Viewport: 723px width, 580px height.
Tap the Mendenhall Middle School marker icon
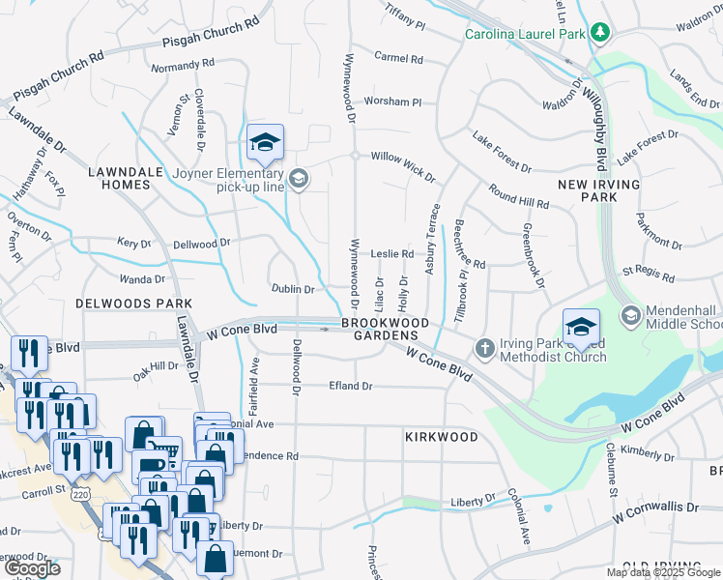(630, 315)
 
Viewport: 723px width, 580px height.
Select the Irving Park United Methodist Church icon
(484, 346)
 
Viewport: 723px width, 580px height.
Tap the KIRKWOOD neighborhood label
(441, 437)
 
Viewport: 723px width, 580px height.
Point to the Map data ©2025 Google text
(664, 572)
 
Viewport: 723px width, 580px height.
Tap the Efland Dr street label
(353, 386)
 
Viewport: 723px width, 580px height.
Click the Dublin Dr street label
(293, 289)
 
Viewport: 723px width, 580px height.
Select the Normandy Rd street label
(183, 67)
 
